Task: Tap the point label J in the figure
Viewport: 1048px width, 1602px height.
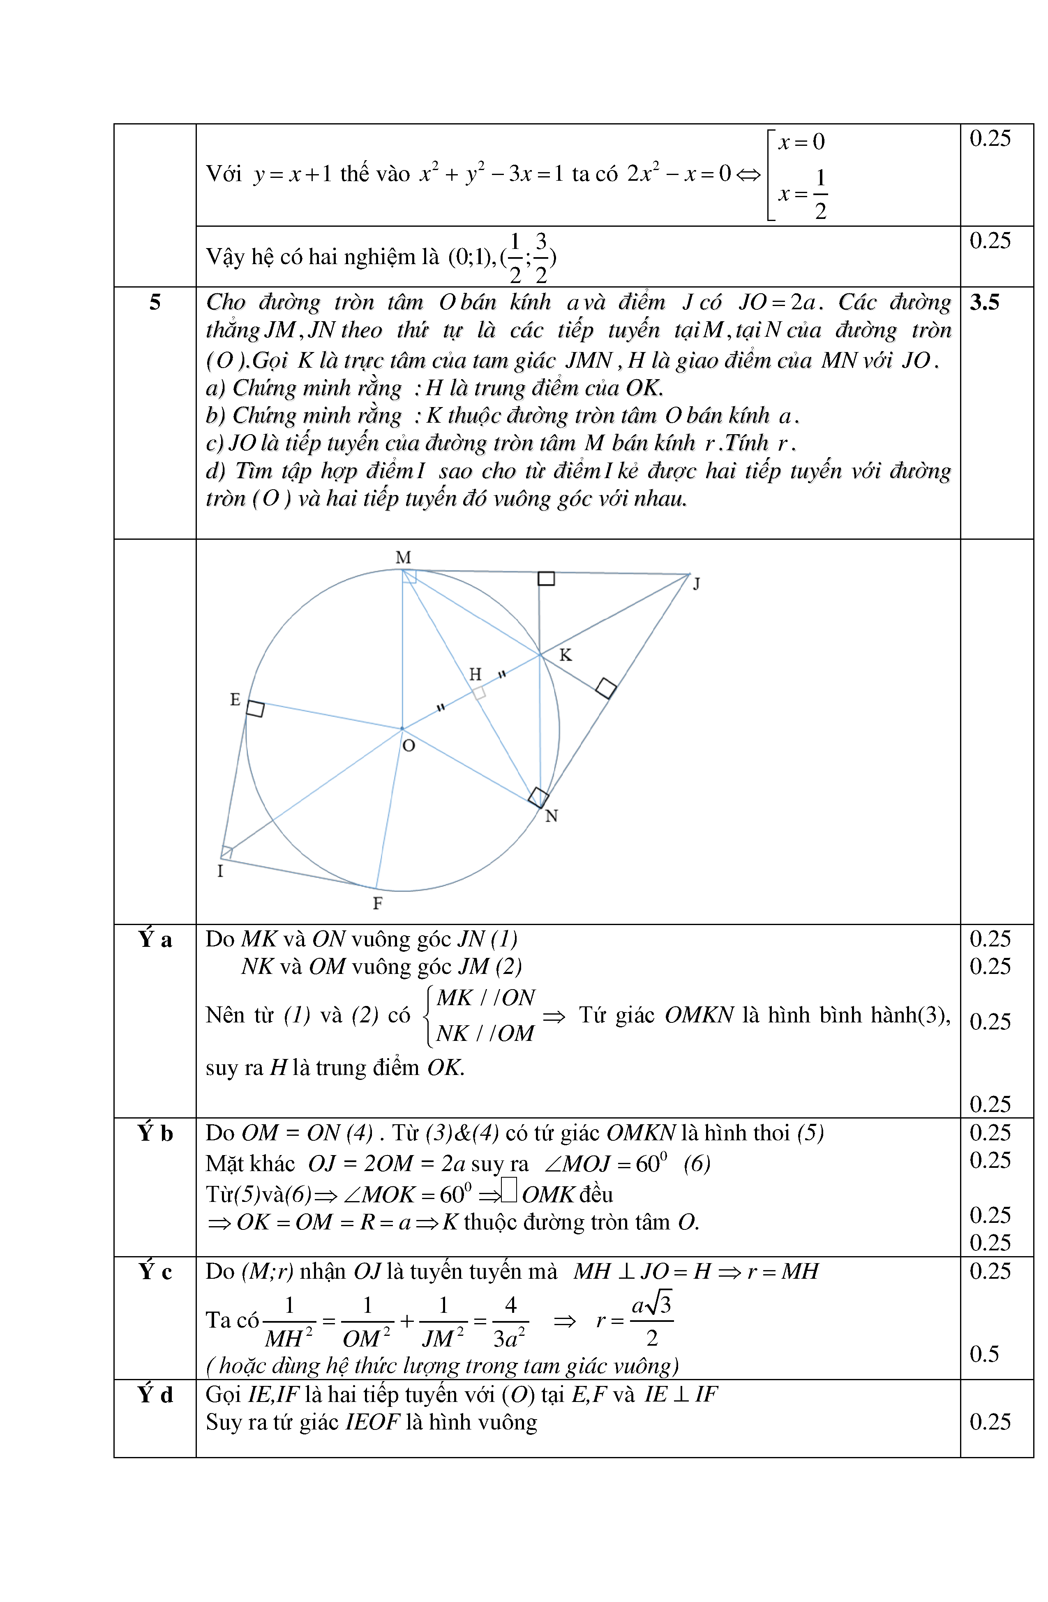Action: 697,584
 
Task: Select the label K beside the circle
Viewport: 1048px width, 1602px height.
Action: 565,655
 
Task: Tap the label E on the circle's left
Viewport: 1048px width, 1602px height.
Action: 235,700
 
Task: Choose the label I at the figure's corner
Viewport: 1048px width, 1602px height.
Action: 220,871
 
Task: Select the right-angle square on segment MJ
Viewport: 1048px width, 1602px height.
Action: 546,579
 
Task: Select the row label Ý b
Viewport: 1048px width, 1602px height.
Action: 155,1133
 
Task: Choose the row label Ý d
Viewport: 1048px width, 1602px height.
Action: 155,1395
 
